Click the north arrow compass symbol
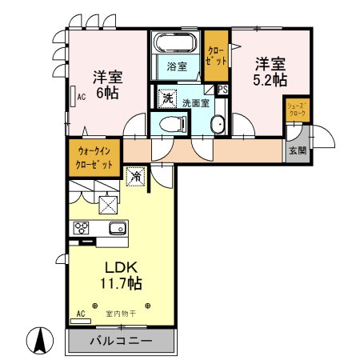click(37, 340)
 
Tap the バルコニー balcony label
click(120, 342)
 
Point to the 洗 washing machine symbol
click(167, 98)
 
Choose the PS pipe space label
click(222, 90)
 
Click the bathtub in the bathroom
click(176, 42)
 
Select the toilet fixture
click(173, 122)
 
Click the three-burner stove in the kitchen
click(82, 226)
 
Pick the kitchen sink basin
click(118, 227)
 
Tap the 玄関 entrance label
click(297, 150)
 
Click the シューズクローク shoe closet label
click(296, 110)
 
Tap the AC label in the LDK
click(80, 313)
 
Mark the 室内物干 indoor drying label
click(121, 313)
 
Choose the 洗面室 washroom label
click(195, 102)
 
